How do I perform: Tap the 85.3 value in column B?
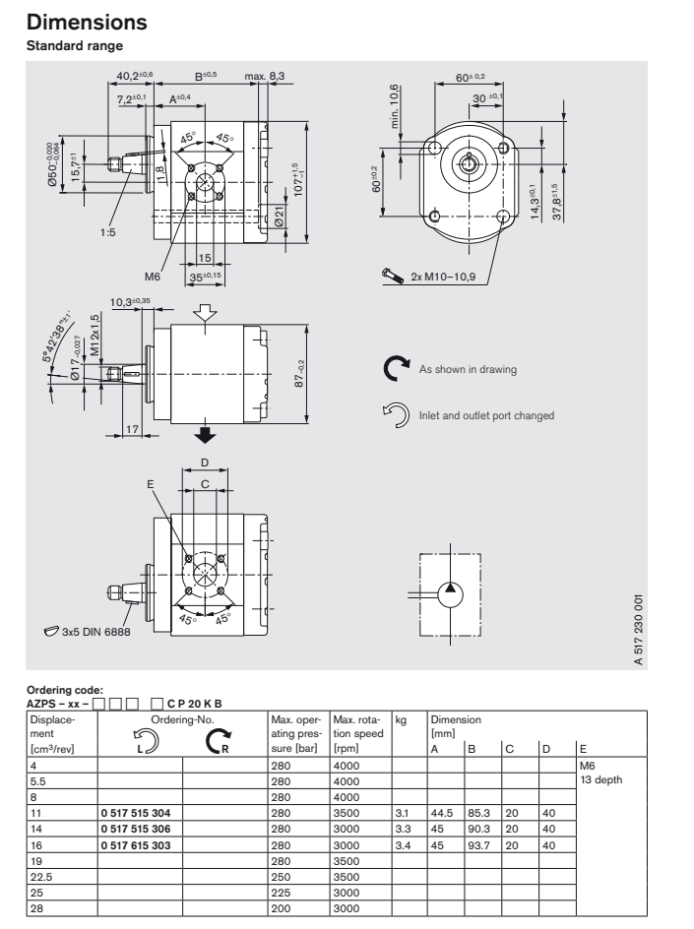click(x=478, y=814)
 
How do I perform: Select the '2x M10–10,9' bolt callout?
click(x=443, y=278)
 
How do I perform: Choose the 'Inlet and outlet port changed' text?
click(x=487, y=415)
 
